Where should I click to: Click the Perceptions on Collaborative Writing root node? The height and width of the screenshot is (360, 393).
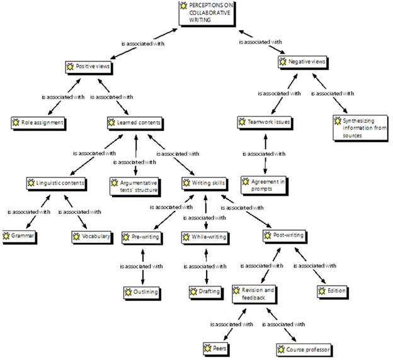click(x=207, y=13)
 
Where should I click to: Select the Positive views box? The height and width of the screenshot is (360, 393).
click(x=89, y=67)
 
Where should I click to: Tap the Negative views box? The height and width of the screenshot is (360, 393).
click(x=303, y=62)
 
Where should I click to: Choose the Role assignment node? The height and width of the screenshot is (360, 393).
click(x=38, y=123)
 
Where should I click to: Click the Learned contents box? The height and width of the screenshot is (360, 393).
click(x=135, y=123)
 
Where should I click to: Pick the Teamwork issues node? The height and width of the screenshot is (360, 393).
click(x=265, y=123)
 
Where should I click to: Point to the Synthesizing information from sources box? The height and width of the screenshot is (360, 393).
click(x=360, y=128)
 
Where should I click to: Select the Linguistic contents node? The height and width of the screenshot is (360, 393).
click(x=57, y=184)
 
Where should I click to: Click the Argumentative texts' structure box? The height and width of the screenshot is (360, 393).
click(x=135, y=187)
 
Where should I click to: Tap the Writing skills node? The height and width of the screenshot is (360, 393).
click(x=205, y=183)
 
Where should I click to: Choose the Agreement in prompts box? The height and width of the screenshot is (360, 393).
click(x=265, y=186)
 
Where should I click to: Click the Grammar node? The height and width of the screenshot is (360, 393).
click(x=20, y=237)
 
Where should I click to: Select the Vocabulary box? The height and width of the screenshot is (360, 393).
click(x=92, y=237)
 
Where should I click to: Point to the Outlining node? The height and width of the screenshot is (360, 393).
click(x=142, y=293)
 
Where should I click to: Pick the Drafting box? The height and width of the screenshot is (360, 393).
click(x=206, y=293)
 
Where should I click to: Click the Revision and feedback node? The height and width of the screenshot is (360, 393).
click(x=254, y=295)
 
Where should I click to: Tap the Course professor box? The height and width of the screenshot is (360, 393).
click(x=305, y=350)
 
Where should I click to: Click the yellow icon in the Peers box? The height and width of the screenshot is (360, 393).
click(x=208, y=349)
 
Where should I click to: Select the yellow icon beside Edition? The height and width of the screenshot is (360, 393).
click(x=322, y=291)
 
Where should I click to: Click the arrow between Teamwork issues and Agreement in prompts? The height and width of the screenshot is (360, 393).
click(x=265, y=154)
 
